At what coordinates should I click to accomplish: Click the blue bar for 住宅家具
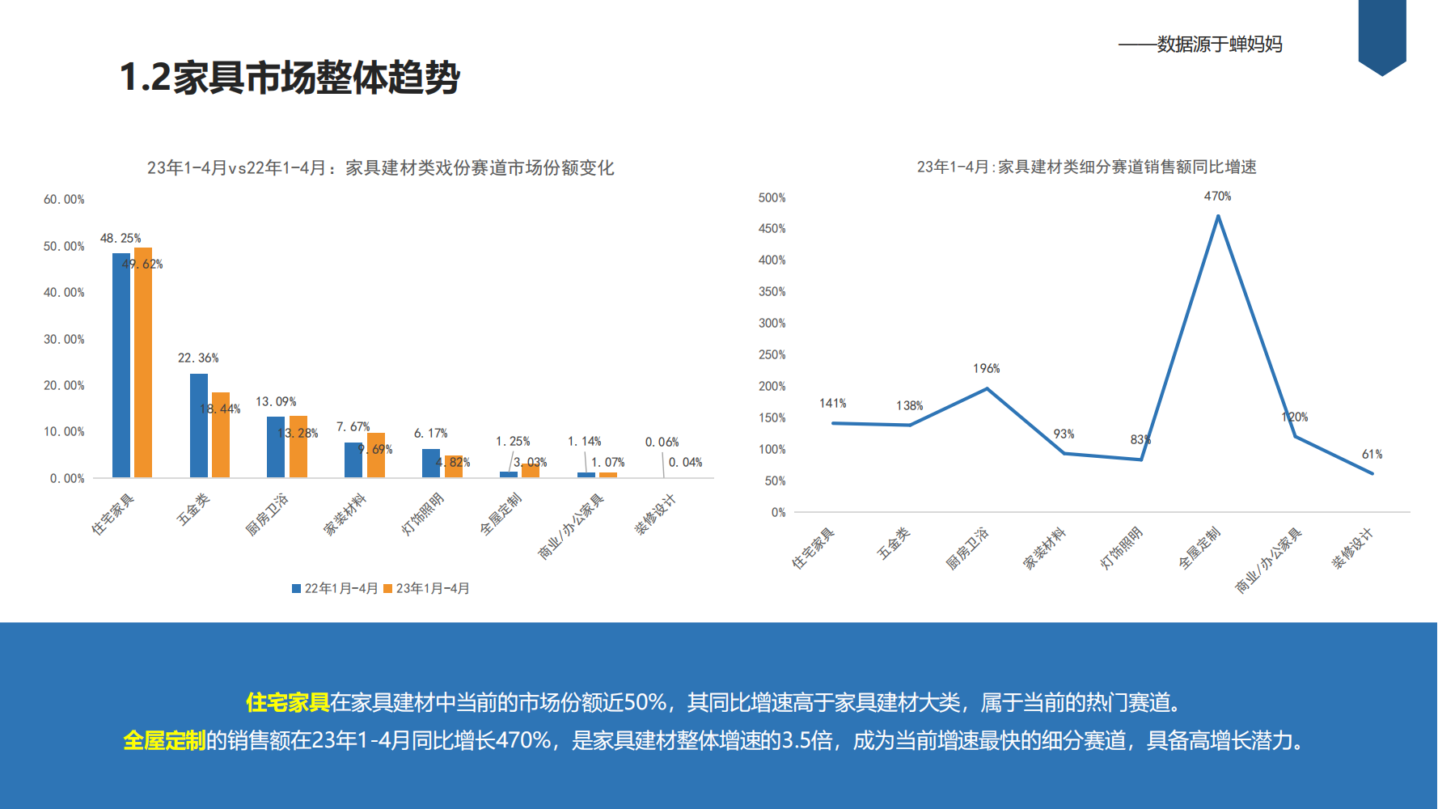coord(121,364)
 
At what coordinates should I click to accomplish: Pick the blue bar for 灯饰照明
coord(431,463)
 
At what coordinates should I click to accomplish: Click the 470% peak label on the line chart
coord(1217,197)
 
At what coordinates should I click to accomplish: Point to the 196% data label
coord(986,369)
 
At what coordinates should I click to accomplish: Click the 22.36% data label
coord(198,358)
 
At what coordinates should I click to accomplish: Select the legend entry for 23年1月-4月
coord(426,589)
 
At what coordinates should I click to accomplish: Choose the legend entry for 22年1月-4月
coord(335,589)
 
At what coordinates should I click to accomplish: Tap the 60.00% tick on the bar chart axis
coord(64,200)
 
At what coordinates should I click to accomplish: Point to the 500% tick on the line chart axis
coord(772,198)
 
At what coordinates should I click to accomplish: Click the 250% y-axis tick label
coord(772,355)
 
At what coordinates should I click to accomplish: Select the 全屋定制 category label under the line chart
coord(1199,548)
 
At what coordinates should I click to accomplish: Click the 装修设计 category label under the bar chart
coord(654,515)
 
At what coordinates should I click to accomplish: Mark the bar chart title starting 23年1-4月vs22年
coord(380,168)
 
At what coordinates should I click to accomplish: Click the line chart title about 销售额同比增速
coord(1086,167)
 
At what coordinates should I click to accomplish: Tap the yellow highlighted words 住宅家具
coord(287,702)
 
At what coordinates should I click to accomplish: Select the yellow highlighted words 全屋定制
coord(164,740)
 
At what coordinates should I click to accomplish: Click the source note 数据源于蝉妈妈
coord(1219,44)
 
